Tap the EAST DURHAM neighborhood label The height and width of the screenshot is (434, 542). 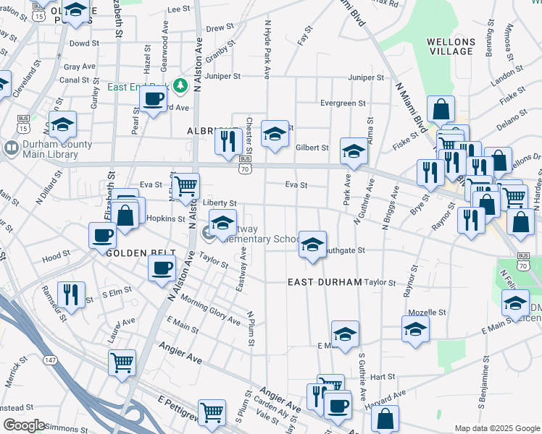tap(324, 281)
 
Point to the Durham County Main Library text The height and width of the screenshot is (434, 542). tap(58, 148)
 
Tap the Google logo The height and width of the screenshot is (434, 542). tap(24, 425)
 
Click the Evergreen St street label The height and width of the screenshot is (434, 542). tap(343, 103)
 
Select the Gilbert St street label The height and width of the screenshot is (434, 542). tap(312, 148)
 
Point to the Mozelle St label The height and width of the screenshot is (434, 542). tap(426, 312)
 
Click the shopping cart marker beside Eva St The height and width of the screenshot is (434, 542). tap(186, 186)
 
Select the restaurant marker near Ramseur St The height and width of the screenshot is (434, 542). tap(71, 294)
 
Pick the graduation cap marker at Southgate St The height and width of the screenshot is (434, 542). tap(313, 244)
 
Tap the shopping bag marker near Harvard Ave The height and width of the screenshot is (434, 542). tap(385, 417)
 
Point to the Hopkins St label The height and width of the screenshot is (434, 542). tap(166, 218)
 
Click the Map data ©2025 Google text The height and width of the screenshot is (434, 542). tap(496, 428)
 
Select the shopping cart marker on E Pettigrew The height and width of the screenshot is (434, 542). tap(212, 413)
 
